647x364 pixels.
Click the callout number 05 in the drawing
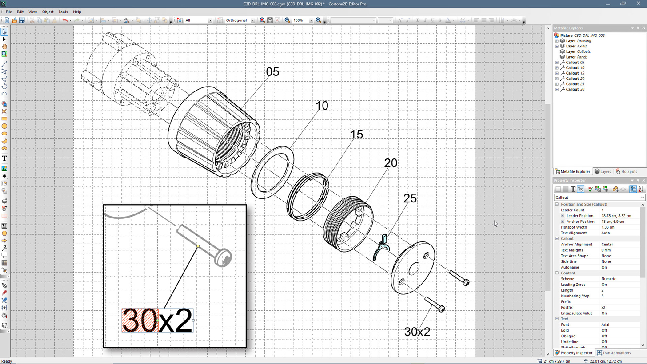pyautogui.click(x=272, y=72)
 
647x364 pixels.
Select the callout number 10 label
pyautogui.click(x=322, y=106)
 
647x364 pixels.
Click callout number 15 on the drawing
pyautogui.click(x=356, y=135)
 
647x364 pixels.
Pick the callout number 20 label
pyautogui.click(x=391, y=163)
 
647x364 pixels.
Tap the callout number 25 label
pyautogui.click(x=410, y=198)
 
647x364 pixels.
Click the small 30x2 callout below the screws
pyautogui.click(x=417, y=331)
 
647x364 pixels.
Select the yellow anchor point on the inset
pyautogui.click(x=198, y=246)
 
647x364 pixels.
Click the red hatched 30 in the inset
pyautogui.click(x=140, y=320)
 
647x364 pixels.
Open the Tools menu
pyautogui.click(x=63, y=12)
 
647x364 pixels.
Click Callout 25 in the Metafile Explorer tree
pyautogui.click(x=575, y=84)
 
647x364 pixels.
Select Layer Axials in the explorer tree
pyautogui.click(x=576, y=46)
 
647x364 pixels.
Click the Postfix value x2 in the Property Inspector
pyautogui.click(x=603, y=307)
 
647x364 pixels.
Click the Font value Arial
pyautogui.click(x=606, y=324)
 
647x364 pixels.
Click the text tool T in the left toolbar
pyautogui.click(x=4, y=158)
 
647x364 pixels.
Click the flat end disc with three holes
pyautogui.click(x=412, y=268)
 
